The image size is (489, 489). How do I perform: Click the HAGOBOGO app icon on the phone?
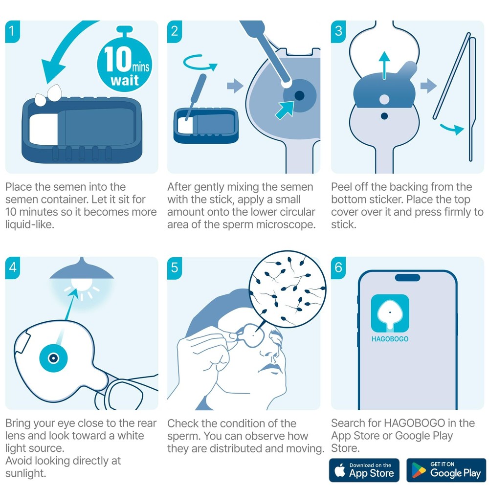(390, 313)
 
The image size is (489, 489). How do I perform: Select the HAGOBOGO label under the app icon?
(390, 339)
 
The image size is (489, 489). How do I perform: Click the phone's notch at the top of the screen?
(407, 277)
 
